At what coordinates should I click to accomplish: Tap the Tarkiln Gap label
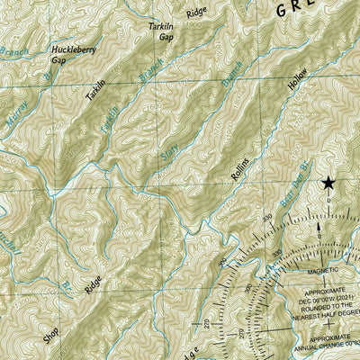(x=160, y=33)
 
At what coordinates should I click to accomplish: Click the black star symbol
(x=328, y=184)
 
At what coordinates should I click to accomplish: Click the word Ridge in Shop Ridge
(x=91, y=287)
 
